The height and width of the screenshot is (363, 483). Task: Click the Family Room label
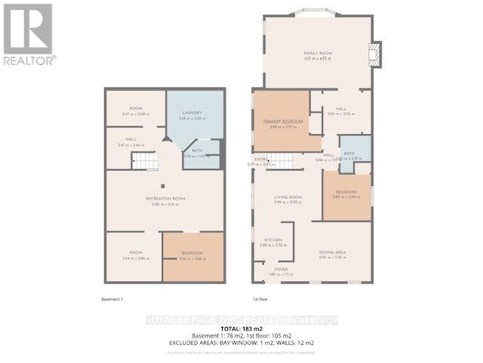coord(318,54)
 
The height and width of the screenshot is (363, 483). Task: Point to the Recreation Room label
coord(165,199)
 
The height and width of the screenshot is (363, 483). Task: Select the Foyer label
coord(281,269)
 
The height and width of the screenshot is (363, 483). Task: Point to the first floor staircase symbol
coord(281,160)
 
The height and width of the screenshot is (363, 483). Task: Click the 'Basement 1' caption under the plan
coord(112,299)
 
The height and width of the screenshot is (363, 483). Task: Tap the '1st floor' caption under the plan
coord(261,299)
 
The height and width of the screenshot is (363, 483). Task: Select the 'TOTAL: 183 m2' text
coord(241,327)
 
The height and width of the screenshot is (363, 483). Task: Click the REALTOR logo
coord(28,33)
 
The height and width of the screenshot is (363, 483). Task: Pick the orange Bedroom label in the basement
coord(192,254)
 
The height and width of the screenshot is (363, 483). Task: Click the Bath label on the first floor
coord(349,154)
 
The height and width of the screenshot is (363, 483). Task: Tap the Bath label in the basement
coord(196,150)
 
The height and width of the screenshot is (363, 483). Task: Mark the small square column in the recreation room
coord(162,185)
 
